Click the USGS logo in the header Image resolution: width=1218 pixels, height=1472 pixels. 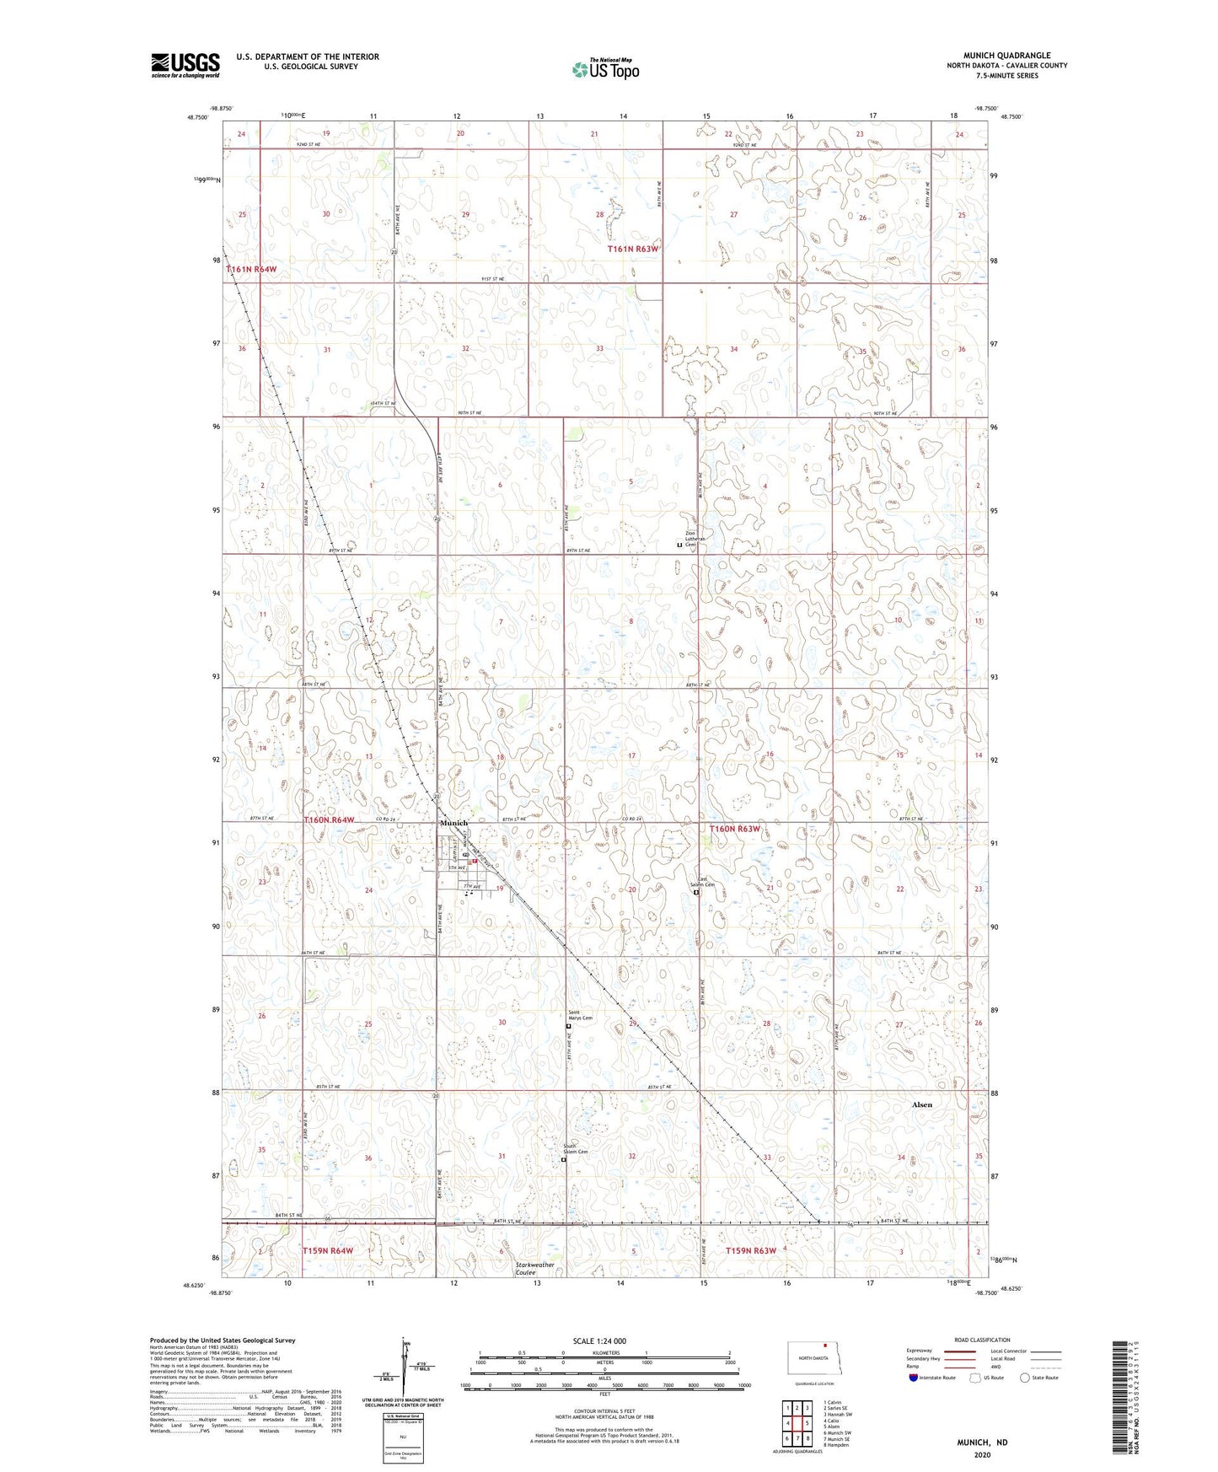(185, 65)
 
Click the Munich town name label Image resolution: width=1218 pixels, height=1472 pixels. (453, 823)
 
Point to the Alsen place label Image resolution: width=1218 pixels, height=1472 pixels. (922, 1104)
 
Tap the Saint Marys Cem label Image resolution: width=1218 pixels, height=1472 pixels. (580, 1017)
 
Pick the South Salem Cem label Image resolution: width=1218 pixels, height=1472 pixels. (576, 1150)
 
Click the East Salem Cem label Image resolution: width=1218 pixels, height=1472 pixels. (704, 883)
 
